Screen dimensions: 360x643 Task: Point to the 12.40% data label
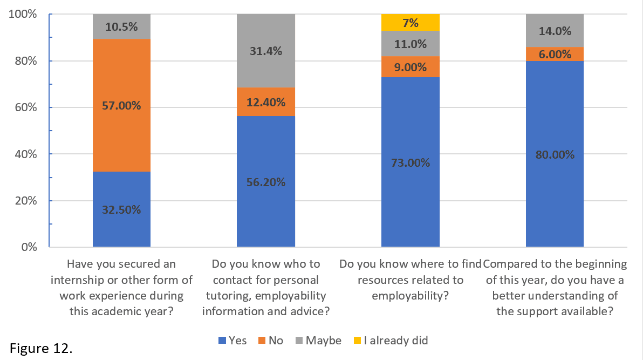point(266,102)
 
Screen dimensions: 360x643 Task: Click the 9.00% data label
point(411,67)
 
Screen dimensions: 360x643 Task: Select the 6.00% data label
point(555,54)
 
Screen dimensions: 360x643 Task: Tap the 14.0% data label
point(555,31)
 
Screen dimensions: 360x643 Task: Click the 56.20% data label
point(266,182)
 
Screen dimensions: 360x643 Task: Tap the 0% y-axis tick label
point(29,248)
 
